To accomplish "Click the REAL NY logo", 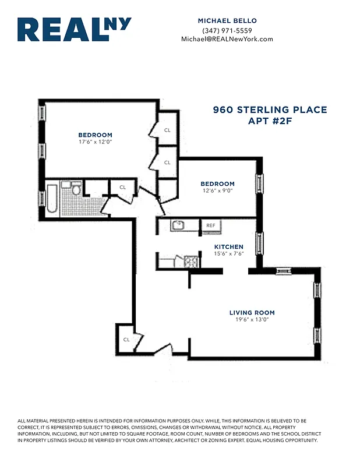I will pos(74,30).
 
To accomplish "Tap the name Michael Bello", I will pos(227,21).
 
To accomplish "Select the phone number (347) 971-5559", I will pos(227,30).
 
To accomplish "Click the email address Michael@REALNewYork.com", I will pos(227,39).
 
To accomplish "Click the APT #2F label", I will pos(270,121).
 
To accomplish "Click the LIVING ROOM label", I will pos(252,313).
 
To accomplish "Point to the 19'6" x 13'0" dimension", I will pos(252,320).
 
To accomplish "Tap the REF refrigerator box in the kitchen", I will pos(210,225).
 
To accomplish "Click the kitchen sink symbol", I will pos(178,225).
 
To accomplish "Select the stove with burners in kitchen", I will pos(190,262).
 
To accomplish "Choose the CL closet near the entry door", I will pos(126,340).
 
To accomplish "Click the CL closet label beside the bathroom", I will pos(122,187).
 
